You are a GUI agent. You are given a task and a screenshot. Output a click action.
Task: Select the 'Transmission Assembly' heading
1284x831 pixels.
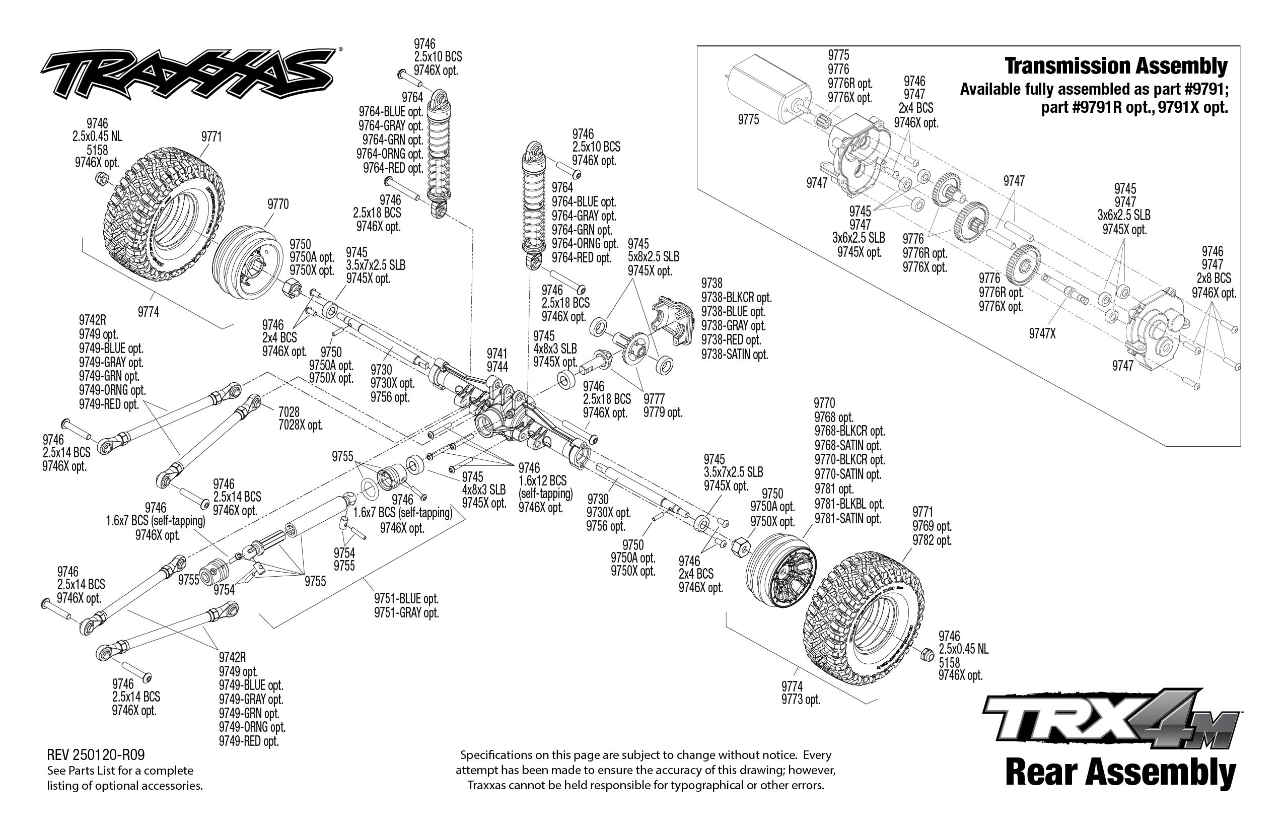point(1116,66)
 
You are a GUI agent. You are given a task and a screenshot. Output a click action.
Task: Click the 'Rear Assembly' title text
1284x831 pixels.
point(1120,772)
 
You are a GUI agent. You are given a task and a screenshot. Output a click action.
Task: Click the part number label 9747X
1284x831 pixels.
point(1042,334)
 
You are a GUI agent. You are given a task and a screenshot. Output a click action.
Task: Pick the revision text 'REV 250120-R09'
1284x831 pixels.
point(96,754)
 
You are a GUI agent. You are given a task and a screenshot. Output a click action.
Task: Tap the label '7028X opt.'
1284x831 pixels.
point(300,425)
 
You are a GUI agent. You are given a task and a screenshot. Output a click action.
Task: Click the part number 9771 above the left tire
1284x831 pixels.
point(211,137)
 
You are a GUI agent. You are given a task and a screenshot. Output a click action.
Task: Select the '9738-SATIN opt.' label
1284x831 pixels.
point(734,355)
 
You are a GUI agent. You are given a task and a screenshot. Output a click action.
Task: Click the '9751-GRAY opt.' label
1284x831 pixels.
point(406,613)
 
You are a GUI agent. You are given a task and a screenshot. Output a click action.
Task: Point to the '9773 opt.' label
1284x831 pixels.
point(801,700)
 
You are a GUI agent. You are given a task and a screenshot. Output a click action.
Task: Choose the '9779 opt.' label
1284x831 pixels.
point(663,413)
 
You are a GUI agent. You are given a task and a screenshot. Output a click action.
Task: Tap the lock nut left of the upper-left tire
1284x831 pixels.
point(102,179)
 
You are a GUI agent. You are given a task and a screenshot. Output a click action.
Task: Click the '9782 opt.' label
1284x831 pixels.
point(932,540)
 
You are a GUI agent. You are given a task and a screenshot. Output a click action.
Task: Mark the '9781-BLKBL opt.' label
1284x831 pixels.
point(849,504)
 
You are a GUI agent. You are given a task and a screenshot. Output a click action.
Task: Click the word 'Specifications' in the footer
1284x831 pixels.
point(492,755)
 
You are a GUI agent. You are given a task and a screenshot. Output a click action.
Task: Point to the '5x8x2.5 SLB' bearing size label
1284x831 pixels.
point(654,257)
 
